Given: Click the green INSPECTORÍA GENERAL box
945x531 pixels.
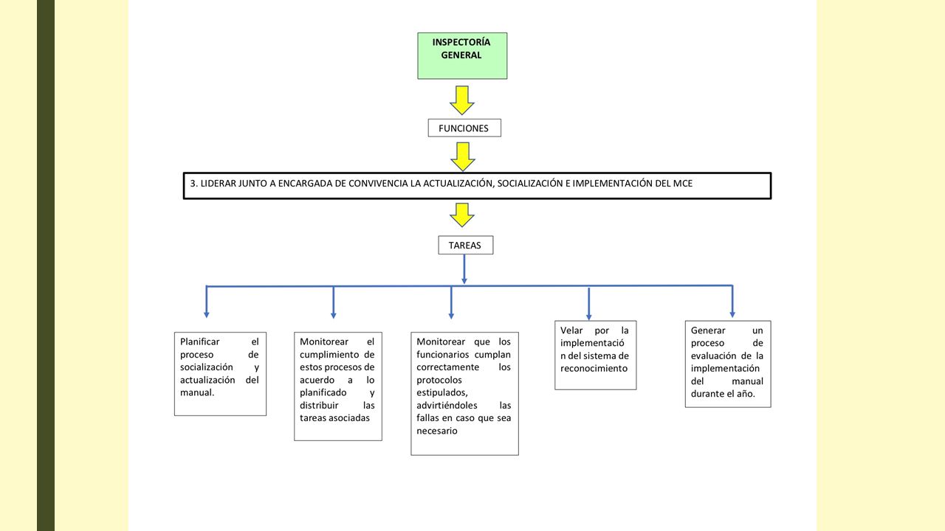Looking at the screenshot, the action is (x=462, y=55).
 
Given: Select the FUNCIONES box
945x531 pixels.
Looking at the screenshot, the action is (x=464, y=128).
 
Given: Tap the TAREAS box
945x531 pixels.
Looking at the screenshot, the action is (x=466, y=245).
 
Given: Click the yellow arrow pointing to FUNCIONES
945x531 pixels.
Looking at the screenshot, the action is (x=462, y=100).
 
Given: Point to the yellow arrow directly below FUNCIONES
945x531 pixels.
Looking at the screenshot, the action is (x=463, y=157).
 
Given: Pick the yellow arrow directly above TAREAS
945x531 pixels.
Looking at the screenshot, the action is (x=462, y=215).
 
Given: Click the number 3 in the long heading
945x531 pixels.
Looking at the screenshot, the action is (x=193, y=184).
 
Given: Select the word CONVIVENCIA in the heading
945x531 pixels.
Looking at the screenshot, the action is (x=378, y=184).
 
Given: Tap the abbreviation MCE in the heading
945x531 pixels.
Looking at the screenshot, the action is (x=683, y=184).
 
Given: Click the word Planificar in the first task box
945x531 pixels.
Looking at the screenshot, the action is (x=199, y=341).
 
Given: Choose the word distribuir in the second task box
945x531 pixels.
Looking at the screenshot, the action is (x=319, y=405).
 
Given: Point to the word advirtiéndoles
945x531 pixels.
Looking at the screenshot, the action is (x=447, y=405).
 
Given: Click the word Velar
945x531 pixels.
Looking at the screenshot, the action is (x=571, y=330).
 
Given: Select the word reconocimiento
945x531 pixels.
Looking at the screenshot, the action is (x=594, y=368).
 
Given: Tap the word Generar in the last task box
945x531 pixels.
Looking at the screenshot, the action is (x=708, y=330).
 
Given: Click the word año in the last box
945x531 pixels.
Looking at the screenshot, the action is (x=746, y=394).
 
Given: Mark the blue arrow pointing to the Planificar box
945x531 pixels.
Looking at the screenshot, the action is (x=206, y=302).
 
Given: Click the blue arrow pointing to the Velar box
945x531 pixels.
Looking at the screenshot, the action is (x=589, y=304).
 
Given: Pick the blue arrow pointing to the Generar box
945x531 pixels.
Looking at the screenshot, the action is (x=732, y=302).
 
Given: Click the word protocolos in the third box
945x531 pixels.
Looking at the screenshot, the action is (x=439, y=380).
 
